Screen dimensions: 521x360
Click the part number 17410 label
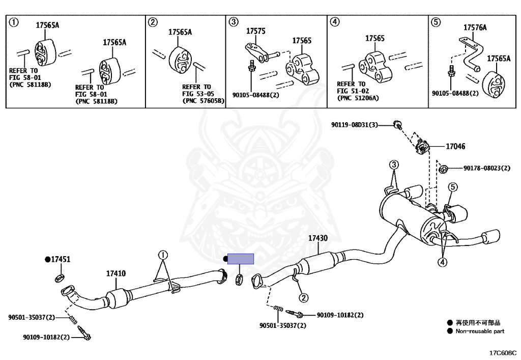click(116, 273)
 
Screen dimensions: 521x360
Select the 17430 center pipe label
click(318, 238)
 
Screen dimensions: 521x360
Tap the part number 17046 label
click(455, 146)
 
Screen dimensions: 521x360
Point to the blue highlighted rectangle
click(241, 259)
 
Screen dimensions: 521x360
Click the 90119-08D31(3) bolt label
click(355, 125)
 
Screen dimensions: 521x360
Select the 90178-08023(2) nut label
click(487, 168)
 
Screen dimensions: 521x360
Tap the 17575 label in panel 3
click(256, 31)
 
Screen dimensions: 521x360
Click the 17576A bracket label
click(475, 27)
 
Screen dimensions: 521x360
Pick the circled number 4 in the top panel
click(335, 22)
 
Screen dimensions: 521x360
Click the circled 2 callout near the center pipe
click(304, 297)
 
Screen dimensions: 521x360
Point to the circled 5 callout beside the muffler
click(452, 187)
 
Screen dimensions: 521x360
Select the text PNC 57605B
click(204, 101)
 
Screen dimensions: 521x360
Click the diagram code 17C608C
click(503, 353)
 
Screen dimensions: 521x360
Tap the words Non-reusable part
click(480, 331)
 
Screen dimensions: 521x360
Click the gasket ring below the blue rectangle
click(239, 280)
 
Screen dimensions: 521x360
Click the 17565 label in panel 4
click(375, 39)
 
